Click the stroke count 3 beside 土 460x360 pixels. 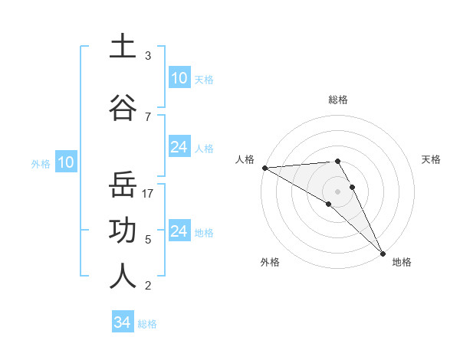[x=148, y=56]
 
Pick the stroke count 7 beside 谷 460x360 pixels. [x=148, y=116]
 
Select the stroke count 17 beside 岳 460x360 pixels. [x=149, y=193]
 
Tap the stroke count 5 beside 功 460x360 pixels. [x=148, y=239]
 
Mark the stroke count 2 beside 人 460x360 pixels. [x=148, y=286]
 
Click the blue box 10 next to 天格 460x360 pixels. [x=179, y=78]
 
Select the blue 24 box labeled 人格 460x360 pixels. [x=179, y=147]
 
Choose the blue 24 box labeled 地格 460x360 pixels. [x=179, y=231]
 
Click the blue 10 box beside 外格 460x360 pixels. [x=65, y=162]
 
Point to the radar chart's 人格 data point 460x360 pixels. [x=264, y=168]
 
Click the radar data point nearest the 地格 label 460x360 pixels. [x=382, y=253]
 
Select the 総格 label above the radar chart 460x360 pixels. [x=338, y=100]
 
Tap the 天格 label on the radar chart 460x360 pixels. [x=432, y=159]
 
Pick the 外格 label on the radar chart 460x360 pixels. [x=269, y=262]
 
